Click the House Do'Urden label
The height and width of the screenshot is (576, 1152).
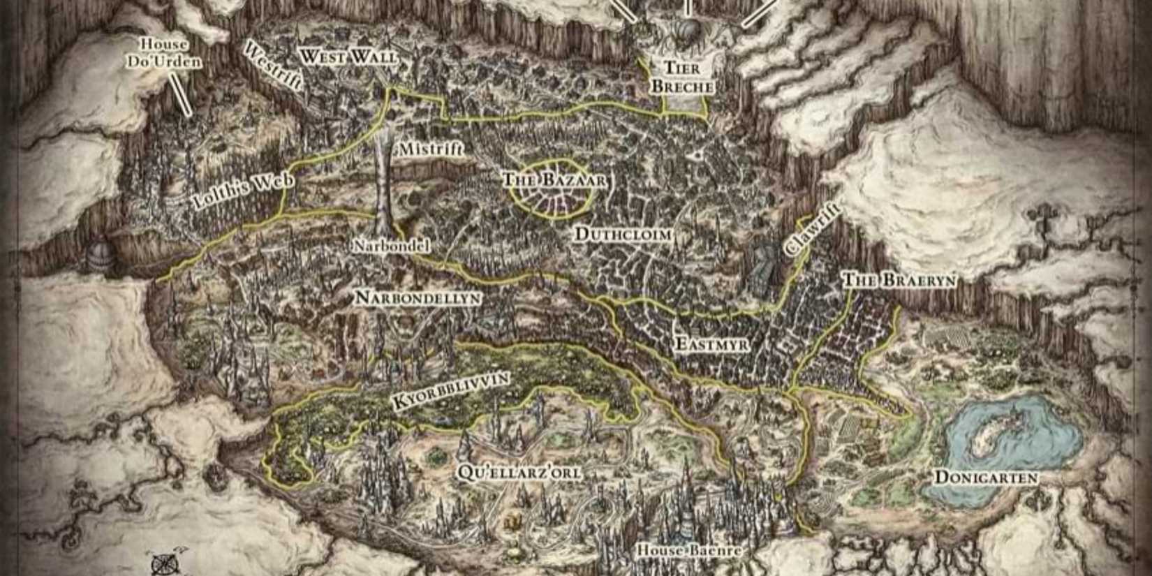163,53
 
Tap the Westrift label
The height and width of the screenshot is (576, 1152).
272,66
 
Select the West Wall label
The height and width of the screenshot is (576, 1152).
348,57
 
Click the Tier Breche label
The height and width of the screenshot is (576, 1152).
683,77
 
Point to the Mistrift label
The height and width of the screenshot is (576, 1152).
430,149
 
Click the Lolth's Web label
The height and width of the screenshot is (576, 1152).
242,191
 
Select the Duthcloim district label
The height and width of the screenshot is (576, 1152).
623,235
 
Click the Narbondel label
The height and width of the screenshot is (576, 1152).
391,246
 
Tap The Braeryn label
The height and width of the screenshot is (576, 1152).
899,281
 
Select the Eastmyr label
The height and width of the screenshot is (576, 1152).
712,344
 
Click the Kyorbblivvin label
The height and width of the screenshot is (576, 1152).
450,391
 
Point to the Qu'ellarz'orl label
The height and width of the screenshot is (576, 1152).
519,473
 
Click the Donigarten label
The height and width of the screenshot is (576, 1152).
986,478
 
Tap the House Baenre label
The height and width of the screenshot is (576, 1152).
688,551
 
